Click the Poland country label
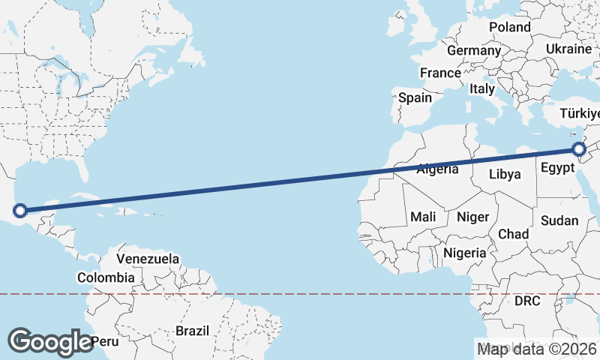click(x=509, y=27)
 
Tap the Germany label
click(x=473, y=51)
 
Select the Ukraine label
click(x=568, y=49)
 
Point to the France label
click(x=440, y=73)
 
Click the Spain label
click(x=415, y=97)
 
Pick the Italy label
click(x=482, y=88)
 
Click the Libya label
click(x=504, y=175)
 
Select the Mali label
click(x=423, y=217)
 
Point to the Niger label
click(x=472, y=217)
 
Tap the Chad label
click(x=513, y=235)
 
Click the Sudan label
click(x=559, y=220)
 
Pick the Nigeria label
click(x=464, y=253)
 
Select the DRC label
click(x=527, y=301)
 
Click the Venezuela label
click(x=148, y=259)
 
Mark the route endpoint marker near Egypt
click(x=580, y=149)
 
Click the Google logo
click(x=50, y=342)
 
